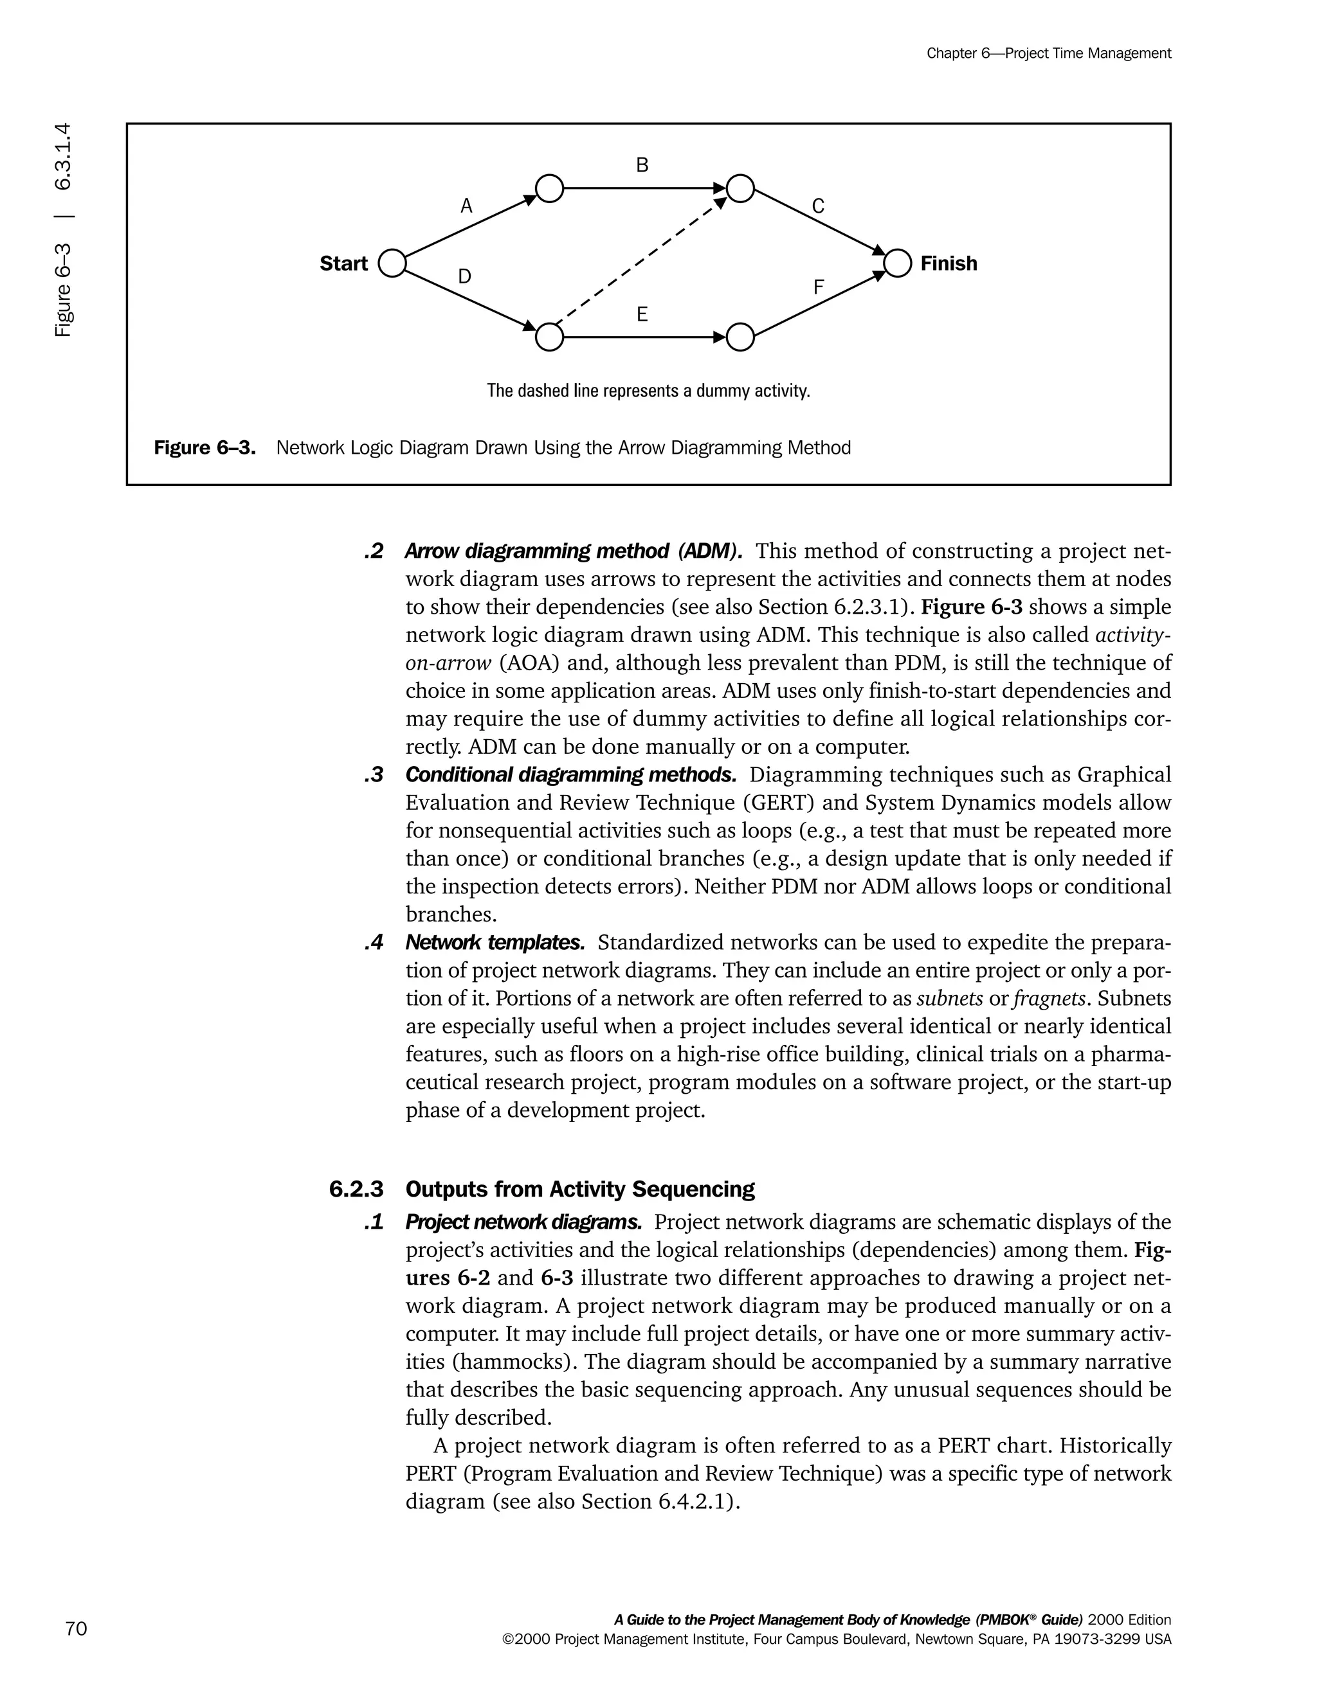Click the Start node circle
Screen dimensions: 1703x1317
coord(392,263)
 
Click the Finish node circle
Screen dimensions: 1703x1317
coord(898,263)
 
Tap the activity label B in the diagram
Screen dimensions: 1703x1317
coord(642,165)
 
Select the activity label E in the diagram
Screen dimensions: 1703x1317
coord(642,314)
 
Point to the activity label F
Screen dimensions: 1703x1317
coord(819,288)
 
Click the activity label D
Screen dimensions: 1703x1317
coord(464,276)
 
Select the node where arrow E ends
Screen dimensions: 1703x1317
coord(740,337)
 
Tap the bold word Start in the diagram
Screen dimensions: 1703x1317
coord(343,263)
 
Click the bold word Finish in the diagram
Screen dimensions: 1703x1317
coord(948,263)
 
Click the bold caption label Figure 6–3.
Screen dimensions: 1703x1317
coord(205,449)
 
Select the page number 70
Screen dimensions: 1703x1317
coord(77,1629)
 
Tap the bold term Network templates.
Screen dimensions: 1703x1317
coord(495,943)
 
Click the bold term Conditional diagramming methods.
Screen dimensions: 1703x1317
coord(570,775)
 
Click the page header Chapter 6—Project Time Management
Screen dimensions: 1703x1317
coord(1049,54)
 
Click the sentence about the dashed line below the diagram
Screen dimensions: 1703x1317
coord(648,391)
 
